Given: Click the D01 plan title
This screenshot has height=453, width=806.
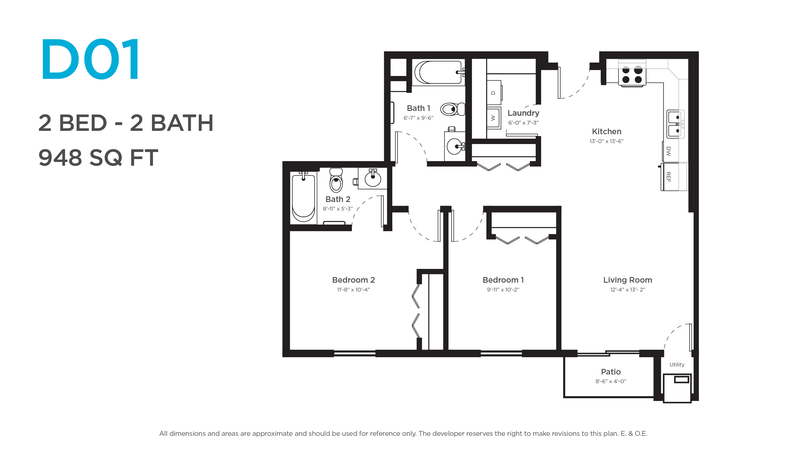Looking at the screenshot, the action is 90,59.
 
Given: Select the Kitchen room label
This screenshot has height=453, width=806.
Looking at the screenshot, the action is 606,132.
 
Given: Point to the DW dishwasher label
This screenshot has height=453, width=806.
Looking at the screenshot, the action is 668,151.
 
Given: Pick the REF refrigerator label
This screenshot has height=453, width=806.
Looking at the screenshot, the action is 668,177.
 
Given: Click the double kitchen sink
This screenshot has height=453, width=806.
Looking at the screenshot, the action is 675,124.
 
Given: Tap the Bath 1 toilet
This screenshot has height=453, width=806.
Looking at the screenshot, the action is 453,109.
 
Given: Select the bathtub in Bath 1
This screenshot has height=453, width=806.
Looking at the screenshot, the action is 438,72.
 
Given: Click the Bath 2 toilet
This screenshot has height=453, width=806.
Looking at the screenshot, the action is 336,180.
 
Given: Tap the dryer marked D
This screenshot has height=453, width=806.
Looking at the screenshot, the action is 494,92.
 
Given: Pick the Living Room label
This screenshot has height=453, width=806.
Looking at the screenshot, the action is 627,280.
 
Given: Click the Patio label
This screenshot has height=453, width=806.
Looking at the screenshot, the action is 611,372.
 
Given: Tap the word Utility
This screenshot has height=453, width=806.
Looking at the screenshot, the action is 677,364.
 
